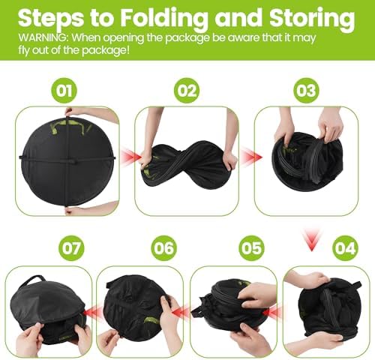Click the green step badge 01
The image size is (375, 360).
tap(64, 91)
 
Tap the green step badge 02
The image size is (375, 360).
tap(187, 91)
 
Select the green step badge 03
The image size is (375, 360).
tap(306, 91)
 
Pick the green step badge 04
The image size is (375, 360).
tap(345, 248)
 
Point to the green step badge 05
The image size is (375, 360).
tap(251, 248)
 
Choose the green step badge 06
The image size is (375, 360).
tap(163, 248)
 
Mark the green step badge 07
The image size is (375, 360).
tap(71, 248)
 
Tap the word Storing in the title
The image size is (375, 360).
tap(312, 19)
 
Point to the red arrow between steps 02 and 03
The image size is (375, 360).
tap(251, 157)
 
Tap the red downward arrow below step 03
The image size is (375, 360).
tap(311, 239)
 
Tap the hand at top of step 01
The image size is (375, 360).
tap(82, 113)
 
